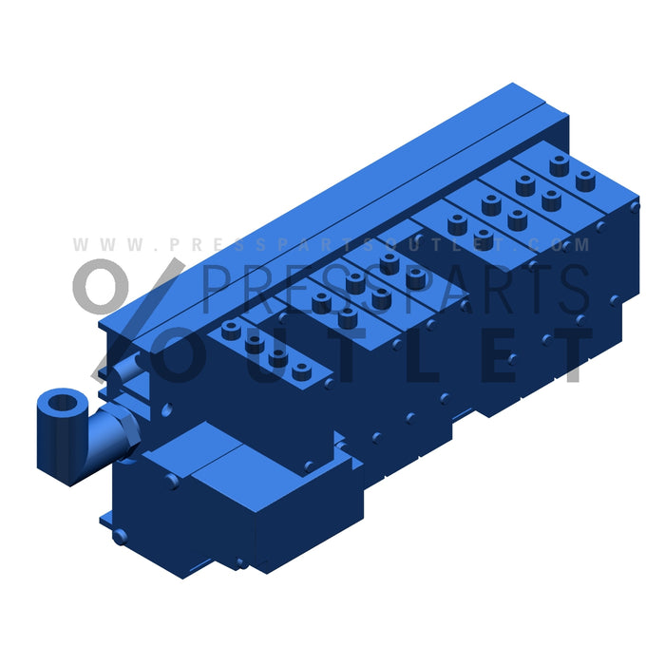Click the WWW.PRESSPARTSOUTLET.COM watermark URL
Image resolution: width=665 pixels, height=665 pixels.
pos(332,244)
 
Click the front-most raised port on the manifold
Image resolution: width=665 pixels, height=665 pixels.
pos(302,371)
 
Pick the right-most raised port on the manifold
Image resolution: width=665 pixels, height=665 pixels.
pos(585,180)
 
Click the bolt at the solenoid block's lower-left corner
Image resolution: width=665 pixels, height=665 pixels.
pos(120,537)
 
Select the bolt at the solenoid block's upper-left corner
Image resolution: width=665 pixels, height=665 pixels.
pos(171,481)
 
